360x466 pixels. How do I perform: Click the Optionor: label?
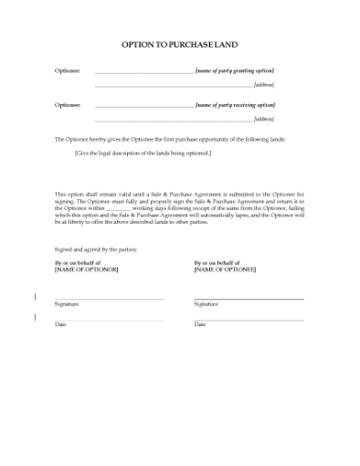point(67,70)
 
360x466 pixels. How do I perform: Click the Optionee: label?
point(67,105)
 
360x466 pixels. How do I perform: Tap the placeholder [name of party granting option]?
point(235,70)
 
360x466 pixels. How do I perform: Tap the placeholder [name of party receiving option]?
point(235,105)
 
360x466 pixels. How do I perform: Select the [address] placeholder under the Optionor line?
point(264,85)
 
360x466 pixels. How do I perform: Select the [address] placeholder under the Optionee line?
point(264,120)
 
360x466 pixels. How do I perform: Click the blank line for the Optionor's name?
point(144,72)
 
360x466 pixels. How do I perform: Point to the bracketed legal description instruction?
point(143,153)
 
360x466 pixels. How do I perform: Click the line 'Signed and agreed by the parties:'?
point(93,249)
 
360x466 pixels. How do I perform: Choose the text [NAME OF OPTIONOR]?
point(87,270)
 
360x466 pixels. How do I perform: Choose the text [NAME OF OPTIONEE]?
point(225,270)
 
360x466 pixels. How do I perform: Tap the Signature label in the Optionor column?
point(66,303)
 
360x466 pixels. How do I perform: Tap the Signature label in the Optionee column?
point(206,303)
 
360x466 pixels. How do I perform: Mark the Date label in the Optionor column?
point(60,324)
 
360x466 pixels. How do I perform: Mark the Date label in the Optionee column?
point(200,324)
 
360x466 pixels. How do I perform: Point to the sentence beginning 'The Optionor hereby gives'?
point(170,139)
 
